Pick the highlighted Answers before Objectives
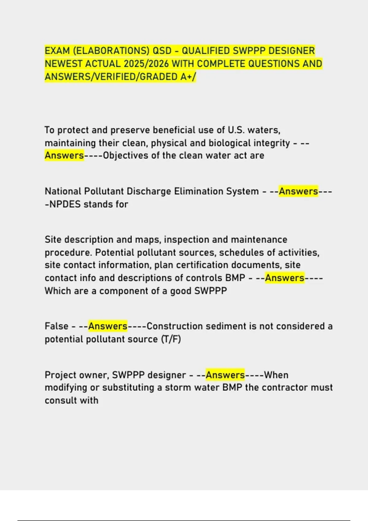click(x=64, y=155)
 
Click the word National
click(x=63, y=191)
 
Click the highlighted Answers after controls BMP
click(x=285, y=278)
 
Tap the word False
click(x=56, y=326)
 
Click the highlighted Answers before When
click(x=225, y=375)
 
